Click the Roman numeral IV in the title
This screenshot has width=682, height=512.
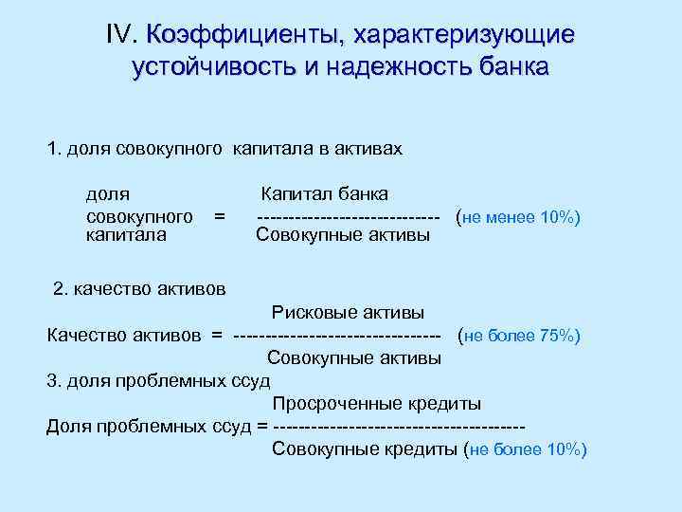(x=123, y=35)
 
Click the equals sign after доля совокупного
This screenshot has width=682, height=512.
(x=219, y=215)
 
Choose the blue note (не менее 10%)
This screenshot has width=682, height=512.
(x=517, y=217)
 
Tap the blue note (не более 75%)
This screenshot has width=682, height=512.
(x=519, y=336)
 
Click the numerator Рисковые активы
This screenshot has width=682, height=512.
(x=348, y=312)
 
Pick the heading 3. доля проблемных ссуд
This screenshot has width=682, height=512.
(x=158, y=380)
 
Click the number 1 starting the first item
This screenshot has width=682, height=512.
(x=53, y=149)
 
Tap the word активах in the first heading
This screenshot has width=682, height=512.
(x=370, y=149)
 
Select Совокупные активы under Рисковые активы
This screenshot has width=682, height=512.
(x=353, y=358)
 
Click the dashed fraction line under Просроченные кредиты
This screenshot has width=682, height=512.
(x=398, y=427)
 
